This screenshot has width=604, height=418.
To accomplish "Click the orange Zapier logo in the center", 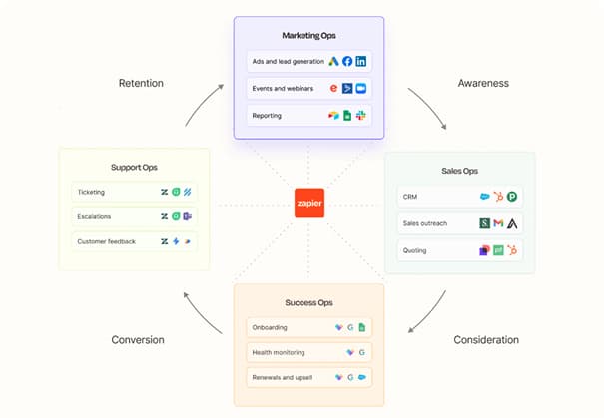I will (309, 204).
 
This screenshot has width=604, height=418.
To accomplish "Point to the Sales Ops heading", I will (459, 171).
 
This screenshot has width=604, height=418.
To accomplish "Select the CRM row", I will (459, 197).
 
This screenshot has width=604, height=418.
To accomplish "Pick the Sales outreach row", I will (459, 223).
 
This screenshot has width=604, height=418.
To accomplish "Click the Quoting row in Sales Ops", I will (459, 250).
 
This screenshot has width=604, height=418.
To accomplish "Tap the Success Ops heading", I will (308, 301).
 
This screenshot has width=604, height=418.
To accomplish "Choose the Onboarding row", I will (308, 326).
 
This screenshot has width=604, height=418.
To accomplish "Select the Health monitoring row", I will (308, 352).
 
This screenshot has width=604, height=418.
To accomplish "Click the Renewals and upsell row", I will (308, 378).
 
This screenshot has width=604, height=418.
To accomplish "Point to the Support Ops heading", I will (134, 167).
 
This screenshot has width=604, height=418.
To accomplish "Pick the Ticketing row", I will (134, 192).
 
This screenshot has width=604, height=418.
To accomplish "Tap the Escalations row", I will (134, 215).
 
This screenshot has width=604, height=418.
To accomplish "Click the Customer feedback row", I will (134, 240).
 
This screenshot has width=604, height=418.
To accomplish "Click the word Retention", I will (141, 83).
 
